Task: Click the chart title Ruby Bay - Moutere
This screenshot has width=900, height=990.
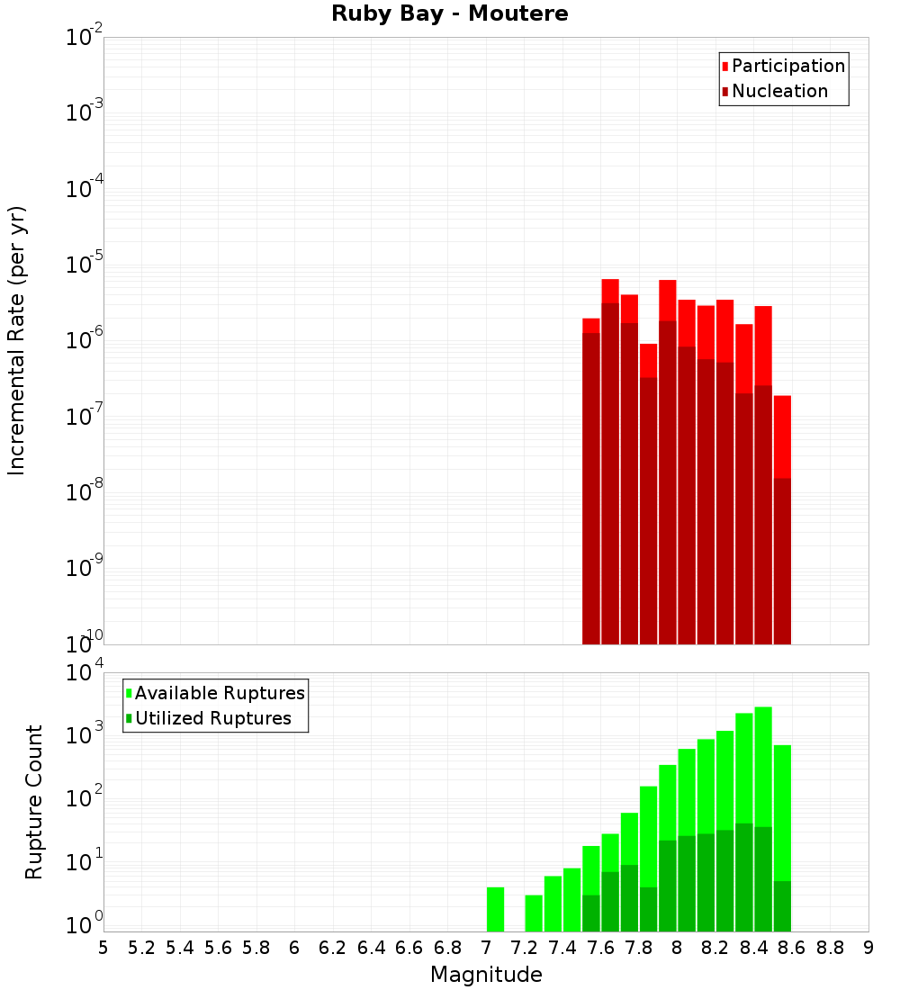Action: click(x=450, y=14)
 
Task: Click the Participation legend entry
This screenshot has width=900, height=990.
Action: click(x=787, y=67)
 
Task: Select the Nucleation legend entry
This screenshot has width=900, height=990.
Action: click(x=779, y=92)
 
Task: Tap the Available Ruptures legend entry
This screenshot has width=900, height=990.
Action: click(x=219, y=693)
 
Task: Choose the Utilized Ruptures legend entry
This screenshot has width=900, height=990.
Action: click(x=212, y=718)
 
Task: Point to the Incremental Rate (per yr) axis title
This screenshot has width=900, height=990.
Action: click(x=17, y=340)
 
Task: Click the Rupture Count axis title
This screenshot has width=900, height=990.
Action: click(x=34, y=801)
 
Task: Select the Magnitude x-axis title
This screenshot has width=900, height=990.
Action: click(x=486, y=975)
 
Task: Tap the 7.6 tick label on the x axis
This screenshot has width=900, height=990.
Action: click(x=601, y=948)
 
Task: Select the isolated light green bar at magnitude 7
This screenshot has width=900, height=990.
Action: click(x=495, y=909)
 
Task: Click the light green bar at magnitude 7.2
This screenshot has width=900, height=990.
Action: click(x=534, y=913)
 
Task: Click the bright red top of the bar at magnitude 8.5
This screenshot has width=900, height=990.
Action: click(x=782, y=436)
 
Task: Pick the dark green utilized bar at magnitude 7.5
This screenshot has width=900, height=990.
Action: click(x=591, y=913)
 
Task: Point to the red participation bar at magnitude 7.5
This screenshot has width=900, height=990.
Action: click(x=591, y=325)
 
